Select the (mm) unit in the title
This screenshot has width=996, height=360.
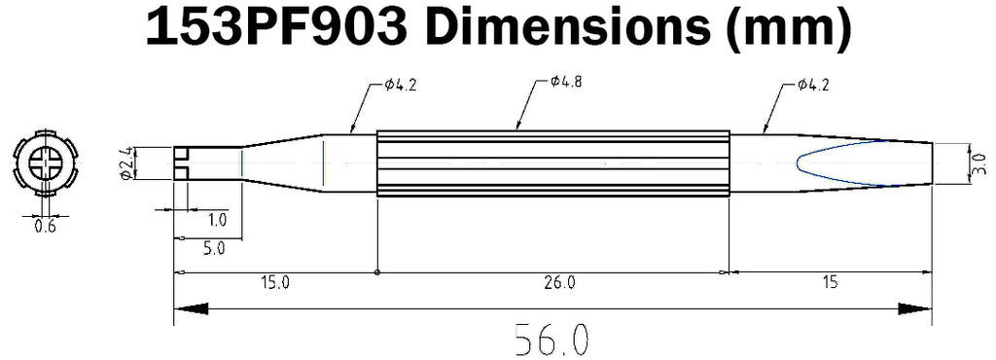(787, 29)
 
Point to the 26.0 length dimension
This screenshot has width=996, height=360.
(559, 283)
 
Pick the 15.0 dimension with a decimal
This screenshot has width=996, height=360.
(274, 283)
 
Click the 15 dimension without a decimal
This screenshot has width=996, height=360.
(829, 283)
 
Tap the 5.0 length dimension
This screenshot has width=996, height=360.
(213, 248)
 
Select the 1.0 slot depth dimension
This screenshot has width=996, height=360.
(217, 220)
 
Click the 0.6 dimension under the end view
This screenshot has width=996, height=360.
(45, 226)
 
